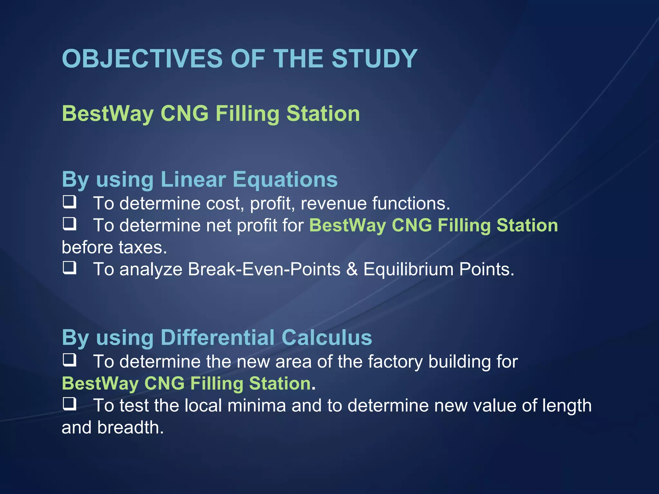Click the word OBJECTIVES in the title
coord(142,59)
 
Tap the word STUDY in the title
coord(374,59)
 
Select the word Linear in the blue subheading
coord(193,179)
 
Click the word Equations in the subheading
coord(285,179)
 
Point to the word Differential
coord(217,337)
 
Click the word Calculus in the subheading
coord(327,337)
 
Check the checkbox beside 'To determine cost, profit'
coord(70,202)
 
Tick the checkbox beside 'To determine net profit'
coord(70,224)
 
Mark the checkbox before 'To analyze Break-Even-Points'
coord(70,268)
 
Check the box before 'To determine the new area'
coord(70,360)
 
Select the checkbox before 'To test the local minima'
coord(70,404)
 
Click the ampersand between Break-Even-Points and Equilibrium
coord(352,269)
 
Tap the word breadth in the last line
coord(130,428)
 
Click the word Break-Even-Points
coord(264,269)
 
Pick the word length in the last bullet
coord(567,406)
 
